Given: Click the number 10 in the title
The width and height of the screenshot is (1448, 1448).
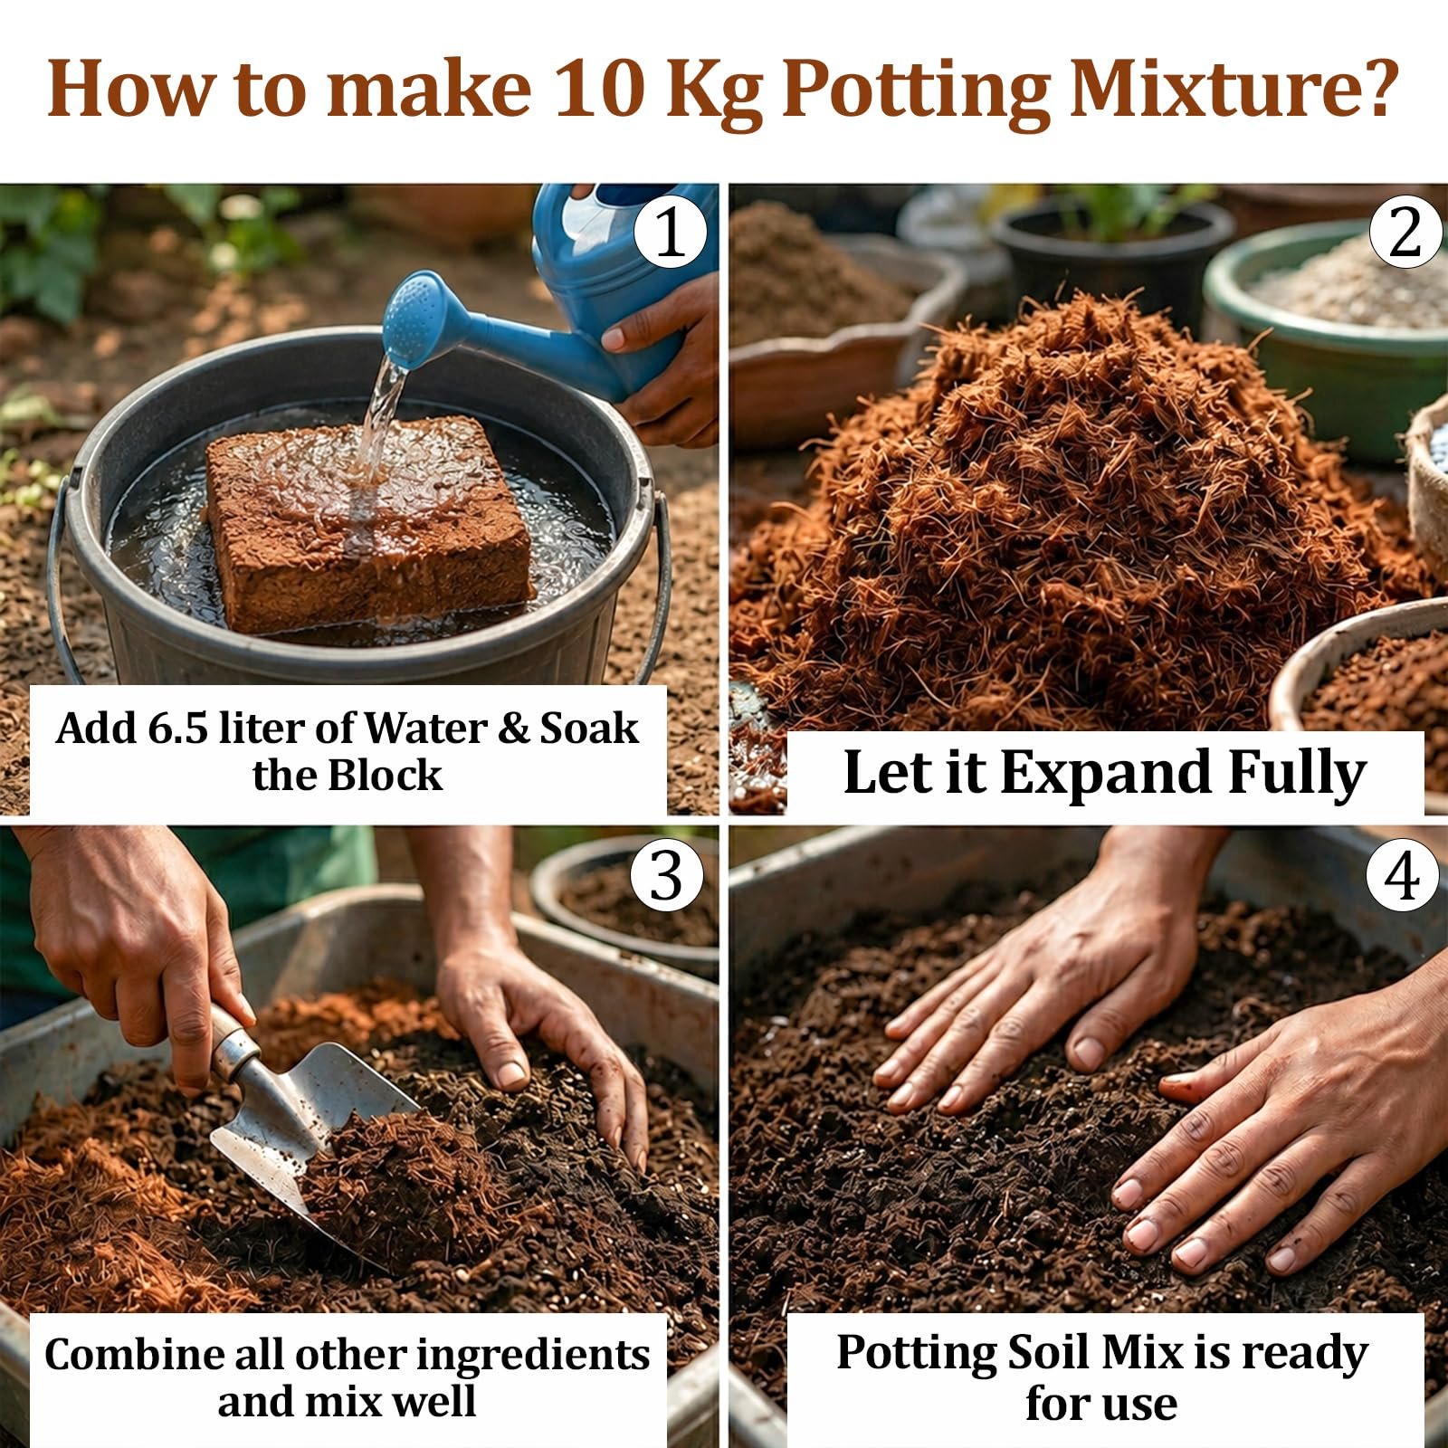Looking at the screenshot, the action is tap(599, 89).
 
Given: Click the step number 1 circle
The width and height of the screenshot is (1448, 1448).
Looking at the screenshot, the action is tap(671, 233).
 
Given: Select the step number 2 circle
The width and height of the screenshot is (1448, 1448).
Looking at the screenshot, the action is tap(1405, 233).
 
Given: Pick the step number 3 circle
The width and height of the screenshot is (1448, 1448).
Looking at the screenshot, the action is tap(667, 875).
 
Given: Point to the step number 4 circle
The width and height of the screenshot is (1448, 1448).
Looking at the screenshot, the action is tap(1402, 875).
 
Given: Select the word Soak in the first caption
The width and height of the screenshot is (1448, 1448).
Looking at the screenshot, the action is tap(589, 729).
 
